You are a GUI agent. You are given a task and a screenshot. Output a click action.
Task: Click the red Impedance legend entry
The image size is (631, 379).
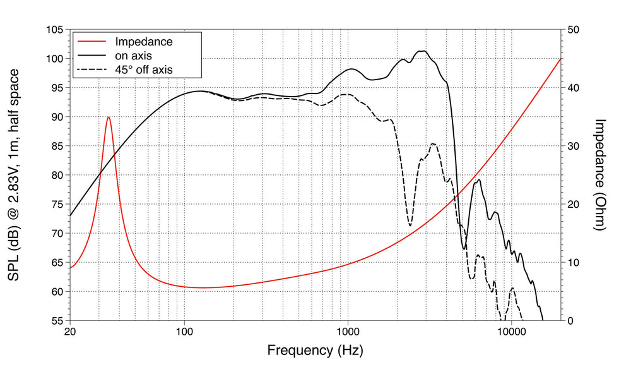[143, 42]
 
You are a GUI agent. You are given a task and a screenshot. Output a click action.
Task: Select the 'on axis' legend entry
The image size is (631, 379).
[133, 56]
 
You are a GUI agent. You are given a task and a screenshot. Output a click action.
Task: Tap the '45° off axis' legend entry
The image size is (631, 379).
[143, 69]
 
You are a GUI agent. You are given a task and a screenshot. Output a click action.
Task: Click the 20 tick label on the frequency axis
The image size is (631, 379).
[70, 332]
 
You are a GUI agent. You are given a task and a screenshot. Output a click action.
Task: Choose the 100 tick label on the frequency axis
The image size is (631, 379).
[184, 332]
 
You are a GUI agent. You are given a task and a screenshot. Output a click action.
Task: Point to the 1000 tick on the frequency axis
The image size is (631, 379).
[348, 332]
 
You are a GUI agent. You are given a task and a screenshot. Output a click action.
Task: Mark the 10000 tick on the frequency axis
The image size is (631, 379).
[511, 332]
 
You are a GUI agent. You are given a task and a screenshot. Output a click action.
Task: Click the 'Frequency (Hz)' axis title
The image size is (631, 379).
[315, 350]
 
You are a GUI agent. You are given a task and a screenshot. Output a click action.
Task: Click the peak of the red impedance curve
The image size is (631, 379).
[109, 117]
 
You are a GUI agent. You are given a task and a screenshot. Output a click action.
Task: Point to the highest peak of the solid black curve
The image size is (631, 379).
[422, 51]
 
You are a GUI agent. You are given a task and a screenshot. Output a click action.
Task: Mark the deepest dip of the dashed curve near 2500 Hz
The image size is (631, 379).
[410, 226]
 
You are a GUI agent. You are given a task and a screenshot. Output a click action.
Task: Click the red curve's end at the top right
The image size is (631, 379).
[561, 59]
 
